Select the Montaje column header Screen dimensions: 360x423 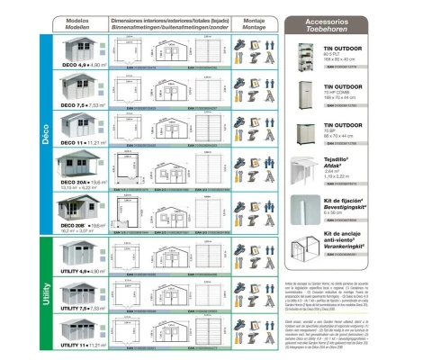point(254,22)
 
